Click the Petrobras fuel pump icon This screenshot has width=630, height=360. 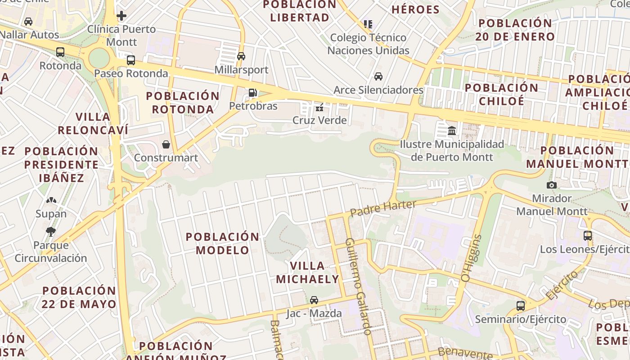coord(252,93)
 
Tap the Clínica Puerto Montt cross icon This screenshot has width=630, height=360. coord(121,16)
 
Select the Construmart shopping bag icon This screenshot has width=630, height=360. coord(166,144)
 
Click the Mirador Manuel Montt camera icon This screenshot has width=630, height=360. coord(551,185)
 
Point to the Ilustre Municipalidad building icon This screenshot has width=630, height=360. coord(452,130)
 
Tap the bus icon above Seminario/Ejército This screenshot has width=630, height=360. coord(521,306)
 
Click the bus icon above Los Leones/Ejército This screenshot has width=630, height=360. coord(587,235)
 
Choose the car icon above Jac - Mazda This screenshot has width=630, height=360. coord(314,300)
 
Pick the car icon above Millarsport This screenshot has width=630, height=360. coord(241,56)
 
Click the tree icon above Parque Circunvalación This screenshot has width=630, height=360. coord(50,232)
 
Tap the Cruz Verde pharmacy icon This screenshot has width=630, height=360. coord(319,107)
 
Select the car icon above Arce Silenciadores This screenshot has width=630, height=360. coord(378,76)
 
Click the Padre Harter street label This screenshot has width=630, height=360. coord(383,207)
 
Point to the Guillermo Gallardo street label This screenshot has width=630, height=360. coord(358,286)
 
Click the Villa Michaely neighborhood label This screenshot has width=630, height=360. coord(307,272)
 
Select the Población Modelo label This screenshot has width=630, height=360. coord(223,243)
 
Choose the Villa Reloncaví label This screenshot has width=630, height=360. coord(93,123)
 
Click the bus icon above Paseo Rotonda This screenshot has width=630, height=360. coord(131,60)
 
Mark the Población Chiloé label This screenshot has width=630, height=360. coord(501,94)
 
